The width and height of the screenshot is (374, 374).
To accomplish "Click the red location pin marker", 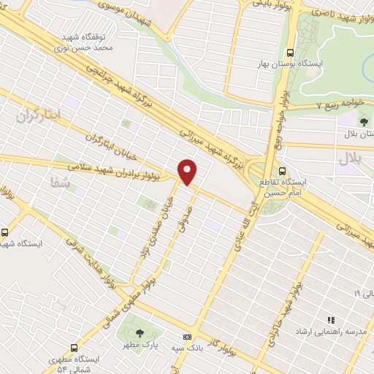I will click(x=188, y=171).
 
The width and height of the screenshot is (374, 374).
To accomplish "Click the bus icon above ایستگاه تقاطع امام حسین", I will click(x=283, y=171).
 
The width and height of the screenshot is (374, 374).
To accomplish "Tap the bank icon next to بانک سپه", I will click(x=188, y=337).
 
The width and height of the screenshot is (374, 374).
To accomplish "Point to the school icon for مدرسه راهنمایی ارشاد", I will click(x=330, y=320).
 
